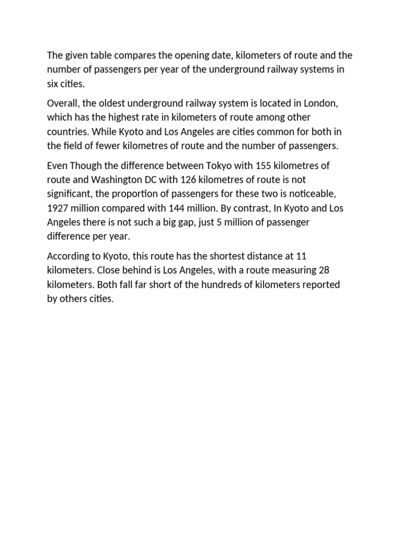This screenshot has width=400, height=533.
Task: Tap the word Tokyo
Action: (226, 166)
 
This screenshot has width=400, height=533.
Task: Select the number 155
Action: (263, 166)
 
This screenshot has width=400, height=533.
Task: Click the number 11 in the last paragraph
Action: (301, 256)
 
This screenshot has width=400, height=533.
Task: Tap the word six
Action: (54, 84)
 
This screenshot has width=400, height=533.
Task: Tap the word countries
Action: (68, 132)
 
